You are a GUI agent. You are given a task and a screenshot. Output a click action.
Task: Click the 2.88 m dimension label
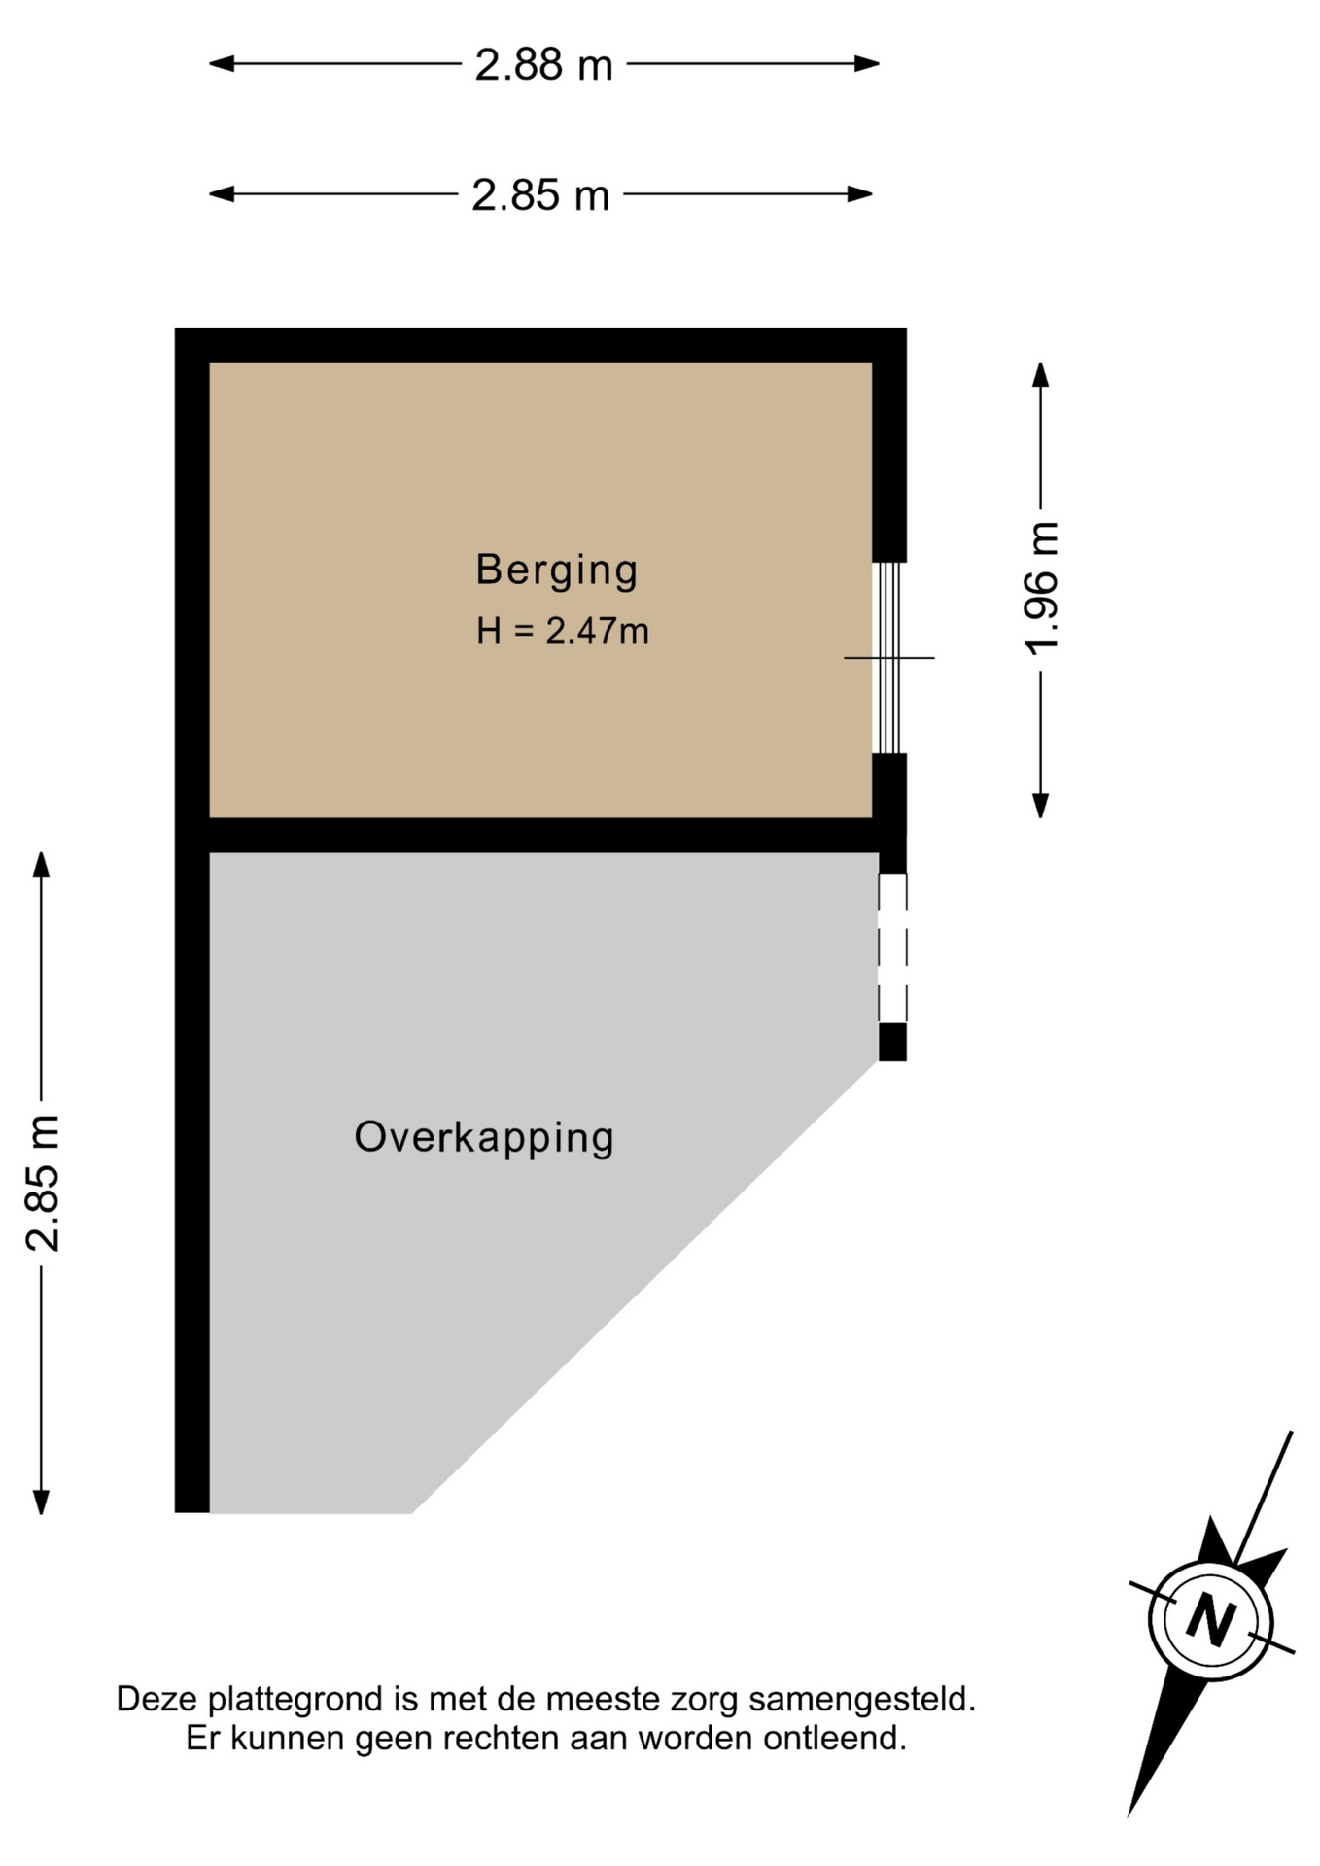543,65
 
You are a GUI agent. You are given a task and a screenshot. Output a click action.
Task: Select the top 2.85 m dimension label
540,195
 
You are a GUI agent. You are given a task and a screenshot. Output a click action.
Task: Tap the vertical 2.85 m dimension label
44,1183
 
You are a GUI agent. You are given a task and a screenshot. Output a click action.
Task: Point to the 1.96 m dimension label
1042,589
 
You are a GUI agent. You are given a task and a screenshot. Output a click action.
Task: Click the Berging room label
556,570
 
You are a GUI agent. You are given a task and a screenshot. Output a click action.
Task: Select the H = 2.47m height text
562,632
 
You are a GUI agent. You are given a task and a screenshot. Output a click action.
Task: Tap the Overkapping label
484,1138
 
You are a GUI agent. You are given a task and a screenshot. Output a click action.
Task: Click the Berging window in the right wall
887,658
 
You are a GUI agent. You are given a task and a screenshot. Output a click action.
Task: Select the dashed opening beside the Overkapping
892,949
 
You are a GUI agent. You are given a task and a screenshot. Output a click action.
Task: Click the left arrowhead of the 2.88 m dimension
222,64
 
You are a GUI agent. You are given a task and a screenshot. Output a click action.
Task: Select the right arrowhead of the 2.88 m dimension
867,64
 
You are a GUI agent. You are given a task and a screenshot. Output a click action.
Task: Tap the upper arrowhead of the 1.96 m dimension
1041,374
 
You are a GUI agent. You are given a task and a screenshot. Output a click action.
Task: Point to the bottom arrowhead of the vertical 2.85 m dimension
41,1503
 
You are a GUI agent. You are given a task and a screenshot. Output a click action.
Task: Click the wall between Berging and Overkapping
540,835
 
